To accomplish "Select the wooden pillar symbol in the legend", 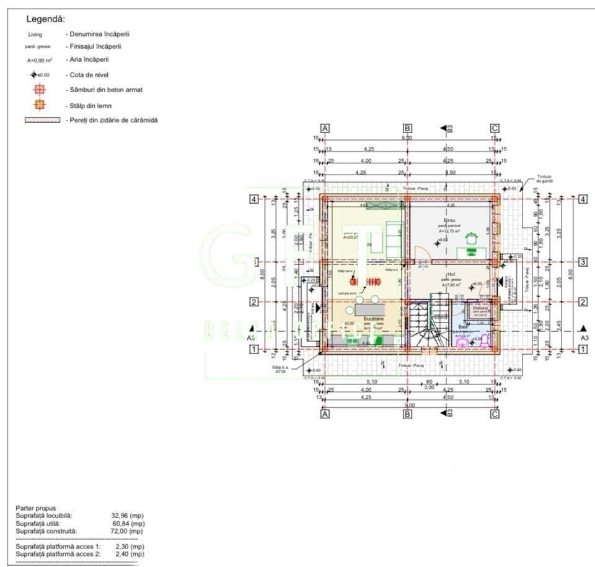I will [39, 105].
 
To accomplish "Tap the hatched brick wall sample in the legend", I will [42, 120].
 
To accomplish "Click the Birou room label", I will [449, 220].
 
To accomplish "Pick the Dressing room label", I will [480, 307].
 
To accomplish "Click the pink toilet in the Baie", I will [462, 341].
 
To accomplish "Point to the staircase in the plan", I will [428, 322].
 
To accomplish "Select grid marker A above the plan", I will [324, 128].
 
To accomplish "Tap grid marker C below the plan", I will [494, 415].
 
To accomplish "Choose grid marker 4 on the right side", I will [583, 199].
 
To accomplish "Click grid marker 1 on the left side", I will [253, 349].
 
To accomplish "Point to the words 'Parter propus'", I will [36, 508].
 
